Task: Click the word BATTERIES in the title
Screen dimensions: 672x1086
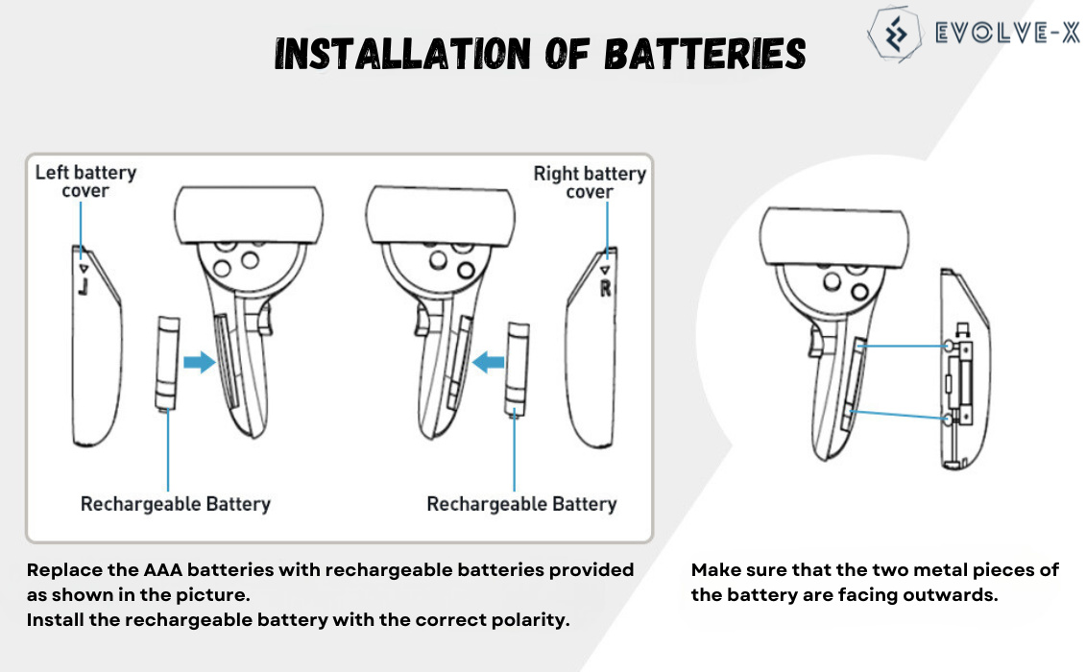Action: coord(704,55)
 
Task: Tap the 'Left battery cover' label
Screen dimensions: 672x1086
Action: coord(85,181)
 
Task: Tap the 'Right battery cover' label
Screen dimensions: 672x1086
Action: coord(589,182)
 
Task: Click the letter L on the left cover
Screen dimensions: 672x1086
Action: coord(84,286)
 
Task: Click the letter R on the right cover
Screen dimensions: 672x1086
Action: coord(605,287)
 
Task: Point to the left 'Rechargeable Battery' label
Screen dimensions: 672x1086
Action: coord(175,504)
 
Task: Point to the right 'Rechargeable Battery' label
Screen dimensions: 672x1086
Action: coord(521,504)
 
